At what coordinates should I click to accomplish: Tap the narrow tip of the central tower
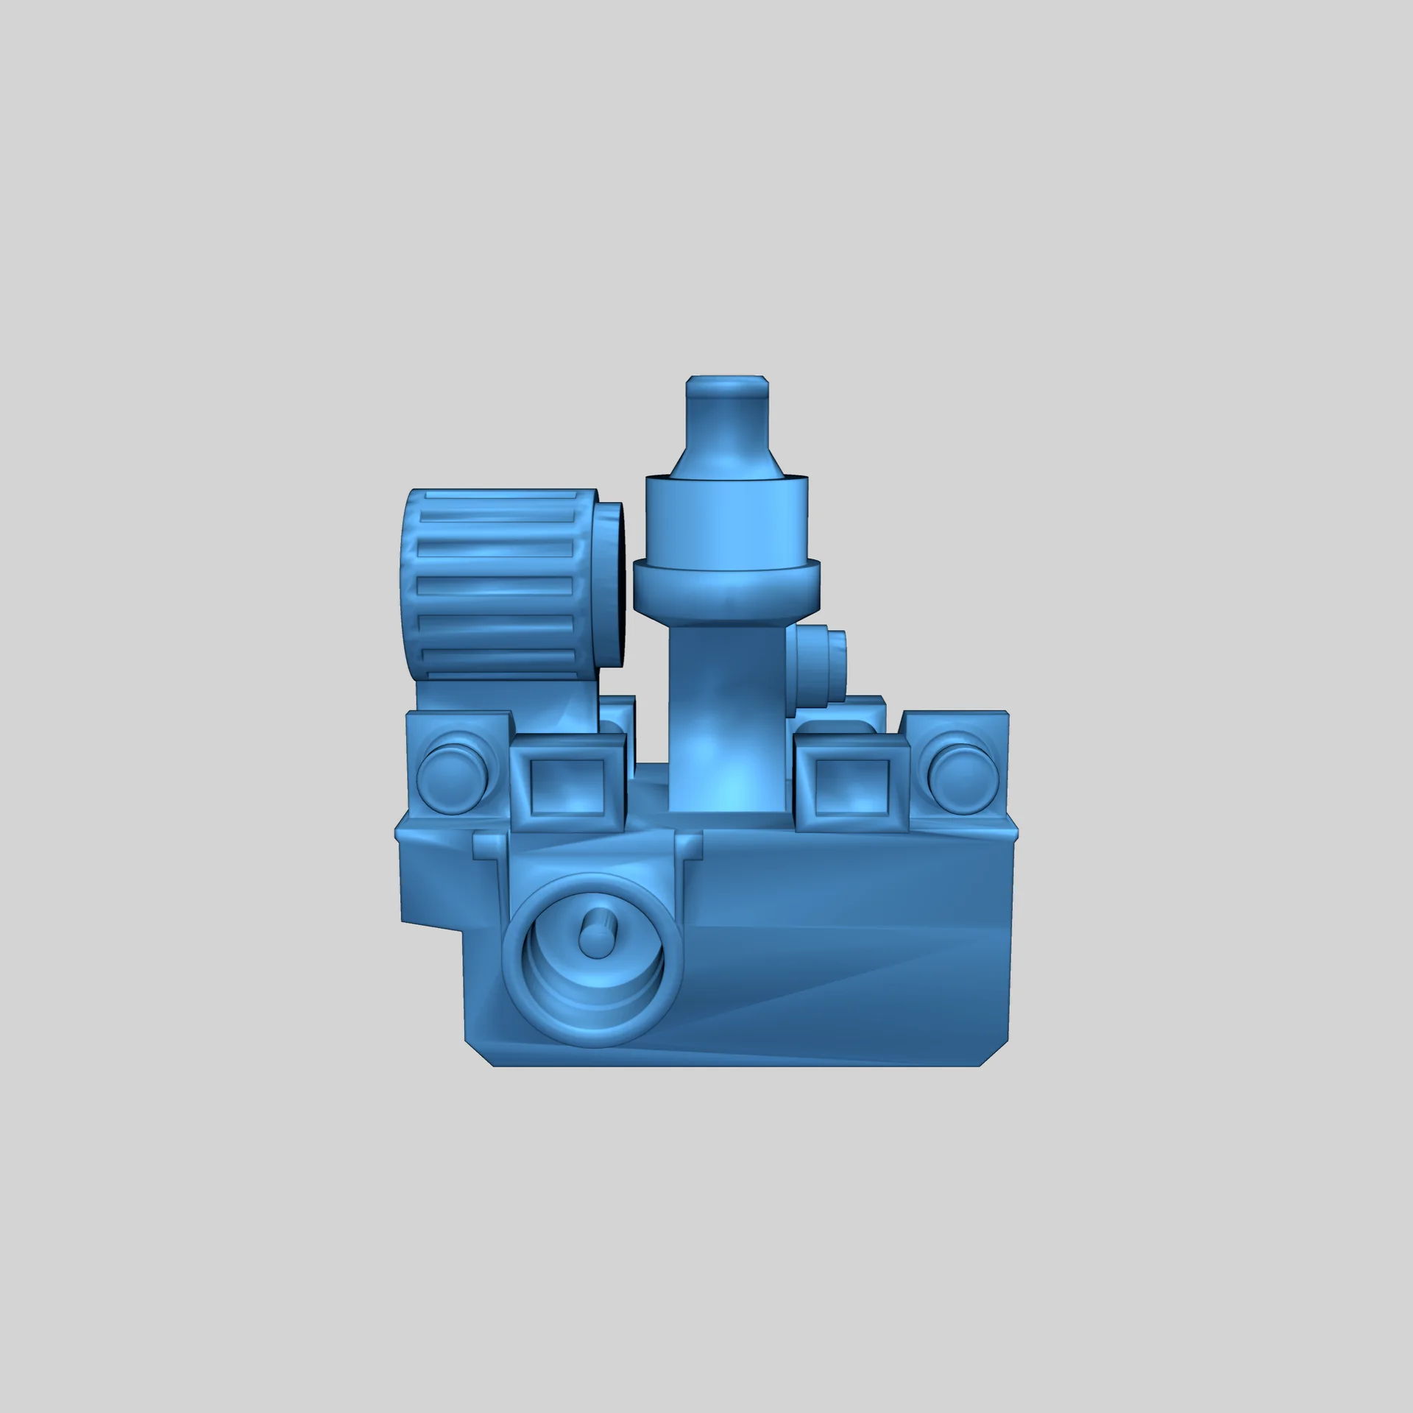[727, 412]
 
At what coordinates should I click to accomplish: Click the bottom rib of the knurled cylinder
[497, 656]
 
